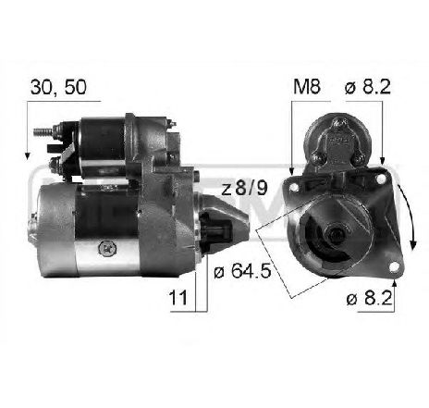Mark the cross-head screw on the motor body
[x=109, y=246]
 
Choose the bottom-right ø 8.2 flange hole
[x=394, y=270]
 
